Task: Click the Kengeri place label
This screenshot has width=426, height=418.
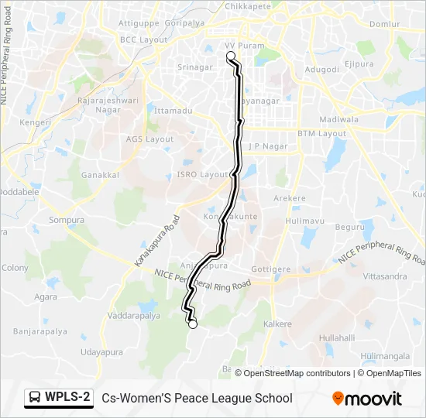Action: (35, 122)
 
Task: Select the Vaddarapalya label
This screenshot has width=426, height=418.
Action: (134, 316)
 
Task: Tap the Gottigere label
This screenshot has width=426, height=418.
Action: (271, 269)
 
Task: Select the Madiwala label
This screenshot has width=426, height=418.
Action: (339, 119)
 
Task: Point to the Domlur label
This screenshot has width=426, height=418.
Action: (385, 24)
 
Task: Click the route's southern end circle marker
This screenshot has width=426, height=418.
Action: (192, 324)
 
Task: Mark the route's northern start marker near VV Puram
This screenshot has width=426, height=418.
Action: (229, 56)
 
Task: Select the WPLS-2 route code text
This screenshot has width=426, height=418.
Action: (67, 398)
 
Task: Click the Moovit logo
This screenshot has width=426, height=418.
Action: (367, 399)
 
